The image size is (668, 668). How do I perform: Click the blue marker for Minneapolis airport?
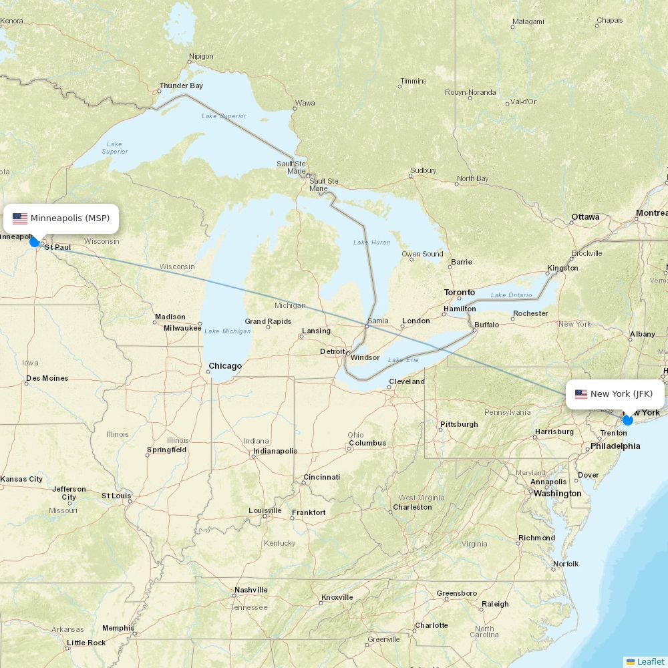coord(35,241)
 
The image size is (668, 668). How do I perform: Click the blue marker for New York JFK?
coord(627,420)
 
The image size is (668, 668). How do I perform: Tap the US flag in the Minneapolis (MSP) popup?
coord(20,218)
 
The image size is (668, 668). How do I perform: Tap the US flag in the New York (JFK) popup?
coord(581,394)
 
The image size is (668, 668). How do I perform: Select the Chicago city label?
coord(225,366)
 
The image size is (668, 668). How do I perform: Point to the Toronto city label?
coord(460,293)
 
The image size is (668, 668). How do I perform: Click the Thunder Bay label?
coord(181,86)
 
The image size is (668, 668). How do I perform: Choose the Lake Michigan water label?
coord(228,331)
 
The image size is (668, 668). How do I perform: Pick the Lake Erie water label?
coord(403,360)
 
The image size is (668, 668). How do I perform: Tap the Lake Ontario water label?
coord(511,295)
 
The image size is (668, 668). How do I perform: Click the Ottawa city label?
coord(585,218)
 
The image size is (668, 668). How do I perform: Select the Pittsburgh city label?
coord(459,424)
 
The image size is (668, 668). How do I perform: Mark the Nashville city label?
coord(251,590)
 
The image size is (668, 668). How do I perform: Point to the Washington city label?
coord(557,494)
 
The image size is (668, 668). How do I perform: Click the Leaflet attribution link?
coord(650,661)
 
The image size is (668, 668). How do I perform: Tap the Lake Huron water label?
coord(371,242)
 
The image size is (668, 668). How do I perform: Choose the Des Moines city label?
coord(47,378)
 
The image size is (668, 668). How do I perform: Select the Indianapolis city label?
coord(275,451)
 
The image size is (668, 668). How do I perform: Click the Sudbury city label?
coord(423,171)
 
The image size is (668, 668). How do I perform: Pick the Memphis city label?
coord(118,628)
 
